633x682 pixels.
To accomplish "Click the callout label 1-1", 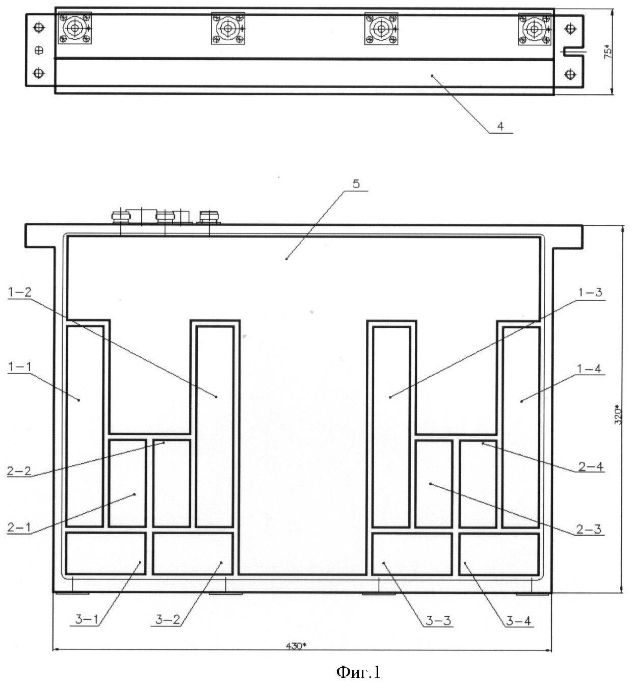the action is point(19,367).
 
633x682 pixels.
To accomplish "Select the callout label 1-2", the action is point(19,292).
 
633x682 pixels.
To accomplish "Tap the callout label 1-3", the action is point(590,293).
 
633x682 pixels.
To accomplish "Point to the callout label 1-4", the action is point(589,369).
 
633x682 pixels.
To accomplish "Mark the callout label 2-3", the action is point(589,530).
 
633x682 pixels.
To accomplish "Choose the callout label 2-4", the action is point(591,467).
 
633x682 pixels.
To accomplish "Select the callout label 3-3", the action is point(438,620).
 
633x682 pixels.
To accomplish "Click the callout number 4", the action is point(500,126).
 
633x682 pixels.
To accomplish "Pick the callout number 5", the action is point(356,183).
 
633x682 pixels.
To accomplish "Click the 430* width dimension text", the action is point(296,646).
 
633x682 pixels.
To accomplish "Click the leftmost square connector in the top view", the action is point(74,28).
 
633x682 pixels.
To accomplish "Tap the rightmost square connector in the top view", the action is point(535,29).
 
